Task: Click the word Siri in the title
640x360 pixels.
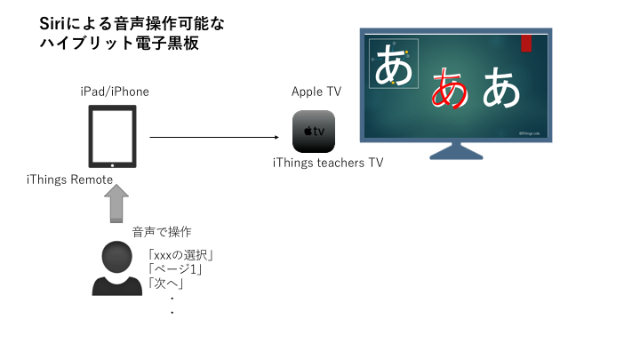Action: coord(52,24)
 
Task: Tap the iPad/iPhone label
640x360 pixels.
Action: coord(115,92)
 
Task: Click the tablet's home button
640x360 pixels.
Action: coord(113,165)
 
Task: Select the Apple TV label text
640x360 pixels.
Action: coord(316,92)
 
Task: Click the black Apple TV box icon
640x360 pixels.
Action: coord(314,132)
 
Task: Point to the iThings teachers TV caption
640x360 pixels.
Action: coord(328,163)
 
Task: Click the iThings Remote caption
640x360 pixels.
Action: coord(70,180)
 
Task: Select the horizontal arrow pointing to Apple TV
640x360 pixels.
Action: coord(214,137)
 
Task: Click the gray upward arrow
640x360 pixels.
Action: coord(116,204)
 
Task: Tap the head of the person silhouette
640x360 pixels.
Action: coord(116,257)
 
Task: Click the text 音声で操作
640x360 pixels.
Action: coord(162,232)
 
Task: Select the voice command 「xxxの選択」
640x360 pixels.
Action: coord(180,255)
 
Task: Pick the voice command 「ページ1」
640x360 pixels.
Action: coord(175,269)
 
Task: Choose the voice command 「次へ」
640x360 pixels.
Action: coord(165,283)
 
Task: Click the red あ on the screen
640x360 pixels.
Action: coord(450,88)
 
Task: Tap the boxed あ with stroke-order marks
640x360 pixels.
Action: coord(394,64)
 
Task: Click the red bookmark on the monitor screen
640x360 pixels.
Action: coord(526,44)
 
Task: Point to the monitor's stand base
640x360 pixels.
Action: coord(456,152)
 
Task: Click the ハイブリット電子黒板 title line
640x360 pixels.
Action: coord(119,43)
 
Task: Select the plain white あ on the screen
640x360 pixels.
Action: coord(501,87)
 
